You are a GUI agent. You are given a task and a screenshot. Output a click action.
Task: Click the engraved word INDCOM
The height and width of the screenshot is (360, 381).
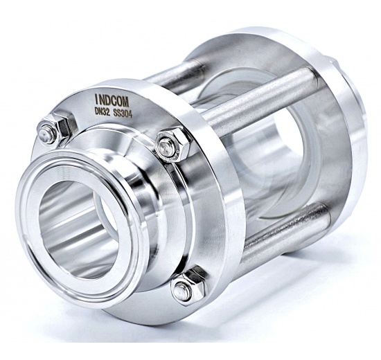112,101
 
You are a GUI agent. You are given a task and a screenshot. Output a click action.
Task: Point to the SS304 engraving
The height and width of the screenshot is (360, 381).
123,114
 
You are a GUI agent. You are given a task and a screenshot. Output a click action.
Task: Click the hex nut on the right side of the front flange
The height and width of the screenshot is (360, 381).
172,145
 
